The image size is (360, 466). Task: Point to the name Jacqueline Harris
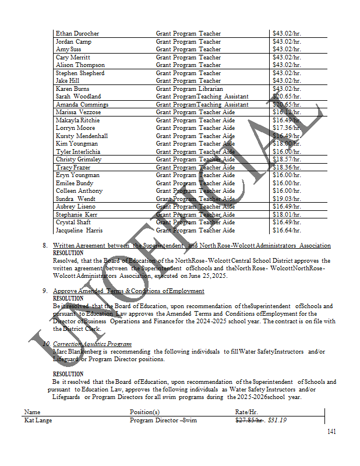coord(78,230)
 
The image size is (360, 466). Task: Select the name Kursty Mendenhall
coord(82,136)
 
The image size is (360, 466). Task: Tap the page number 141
coord(331,432)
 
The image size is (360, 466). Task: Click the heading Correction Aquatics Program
coord(92,344)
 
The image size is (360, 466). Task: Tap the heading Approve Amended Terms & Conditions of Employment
coord(128,291)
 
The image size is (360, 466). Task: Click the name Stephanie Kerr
coord(76,214)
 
